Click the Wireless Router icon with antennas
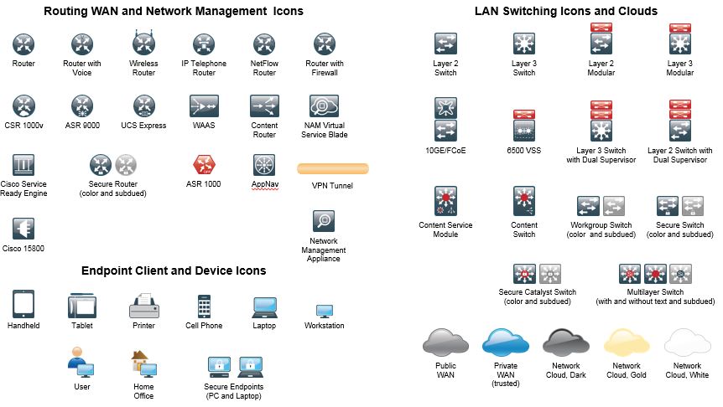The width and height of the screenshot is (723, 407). [144, 43]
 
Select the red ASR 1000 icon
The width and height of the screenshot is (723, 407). [204, 165]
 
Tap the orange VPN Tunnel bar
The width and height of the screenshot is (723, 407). [333, 169]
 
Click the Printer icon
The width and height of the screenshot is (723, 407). [144, 305]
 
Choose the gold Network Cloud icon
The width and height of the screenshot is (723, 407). [627, 343]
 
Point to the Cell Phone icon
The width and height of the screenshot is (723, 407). [204, 307]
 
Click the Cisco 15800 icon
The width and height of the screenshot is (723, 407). [23, 229]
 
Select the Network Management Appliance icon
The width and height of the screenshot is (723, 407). [324, 221]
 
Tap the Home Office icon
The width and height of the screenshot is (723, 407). [144, 364]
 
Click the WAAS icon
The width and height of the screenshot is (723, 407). [204, 106]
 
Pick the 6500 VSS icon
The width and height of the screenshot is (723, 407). [524, 126]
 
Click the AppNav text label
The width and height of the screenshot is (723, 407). [265, 183]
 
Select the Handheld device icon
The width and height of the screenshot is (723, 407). [23, 304]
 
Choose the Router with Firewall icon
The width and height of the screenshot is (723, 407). [325, 44]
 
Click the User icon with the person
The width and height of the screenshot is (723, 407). [81, 363]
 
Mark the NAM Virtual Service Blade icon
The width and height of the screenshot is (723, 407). [324, 106]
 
